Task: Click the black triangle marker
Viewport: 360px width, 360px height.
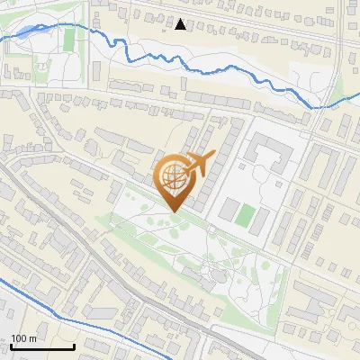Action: pos(181,24)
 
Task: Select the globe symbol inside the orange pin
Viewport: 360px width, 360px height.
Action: pos(173,177)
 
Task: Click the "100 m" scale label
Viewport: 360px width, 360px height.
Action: pos(24,338)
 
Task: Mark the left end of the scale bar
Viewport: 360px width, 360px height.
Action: pos(12,346)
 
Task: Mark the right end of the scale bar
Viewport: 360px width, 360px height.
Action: pos(74,346)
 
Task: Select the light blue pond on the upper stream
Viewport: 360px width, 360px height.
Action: pos(27,31)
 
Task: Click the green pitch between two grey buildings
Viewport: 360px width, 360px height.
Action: pos(244,215)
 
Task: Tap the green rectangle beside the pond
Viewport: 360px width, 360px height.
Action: pos(68,39)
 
